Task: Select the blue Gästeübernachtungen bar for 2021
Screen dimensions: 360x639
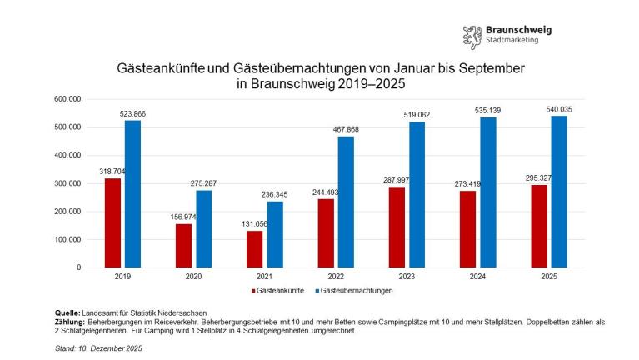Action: [203, 234]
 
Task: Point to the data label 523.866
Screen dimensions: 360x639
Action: [132, 113]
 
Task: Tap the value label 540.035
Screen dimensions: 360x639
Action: [558, 109]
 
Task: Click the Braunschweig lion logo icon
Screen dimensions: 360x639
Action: [472, 37]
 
